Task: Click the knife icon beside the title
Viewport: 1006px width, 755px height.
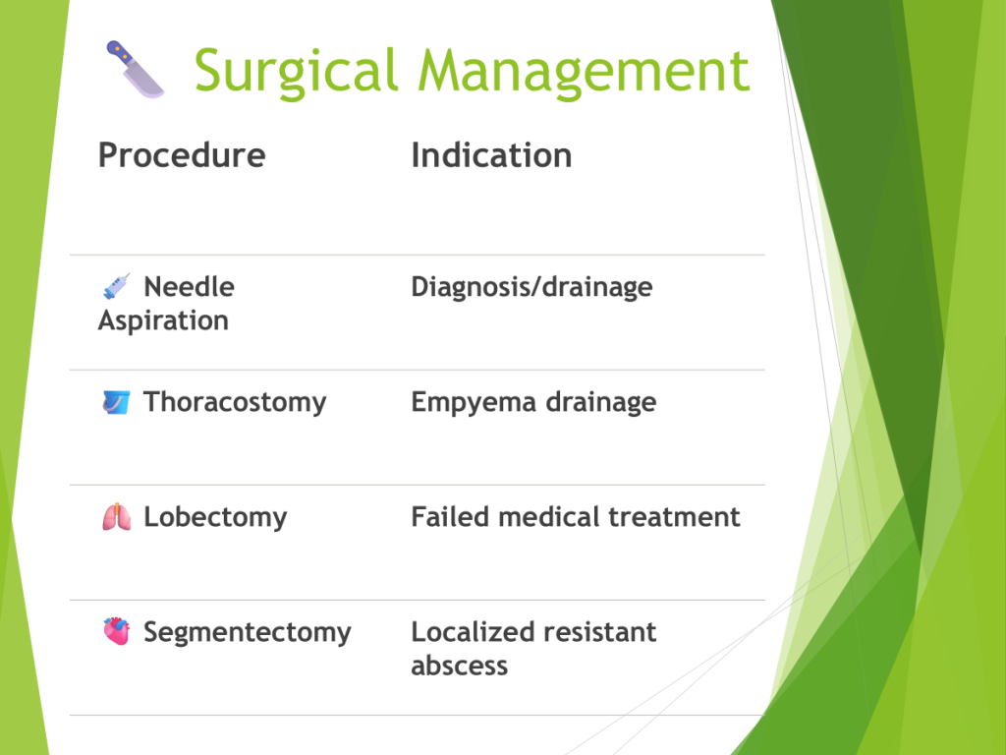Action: pos(135,70)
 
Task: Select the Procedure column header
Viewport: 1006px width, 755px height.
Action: pos(182,155)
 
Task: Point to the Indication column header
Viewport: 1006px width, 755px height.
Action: pos(491,155)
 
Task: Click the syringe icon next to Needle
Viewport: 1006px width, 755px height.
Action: pos(117,286)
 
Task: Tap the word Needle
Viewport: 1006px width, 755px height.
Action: pos(190,287)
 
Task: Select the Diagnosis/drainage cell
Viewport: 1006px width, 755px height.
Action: pos(531,288)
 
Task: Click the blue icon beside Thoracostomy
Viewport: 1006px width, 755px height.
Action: pos(116,402)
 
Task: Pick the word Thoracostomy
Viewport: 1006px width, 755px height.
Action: pos(235,402)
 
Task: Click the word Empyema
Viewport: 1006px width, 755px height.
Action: pos(474,402)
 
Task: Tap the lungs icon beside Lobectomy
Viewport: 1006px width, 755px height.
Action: pos(117,517)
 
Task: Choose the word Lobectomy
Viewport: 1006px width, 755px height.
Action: pos(215,517)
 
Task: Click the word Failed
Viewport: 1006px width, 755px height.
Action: pos(451,517)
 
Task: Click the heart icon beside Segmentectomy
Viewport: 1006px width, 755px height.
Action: pos(117,632)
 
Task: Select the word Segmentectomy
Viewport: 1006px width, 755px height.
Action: pos(248,633)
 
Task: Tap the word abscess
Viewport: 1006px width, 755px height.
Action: pos(460,666)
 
